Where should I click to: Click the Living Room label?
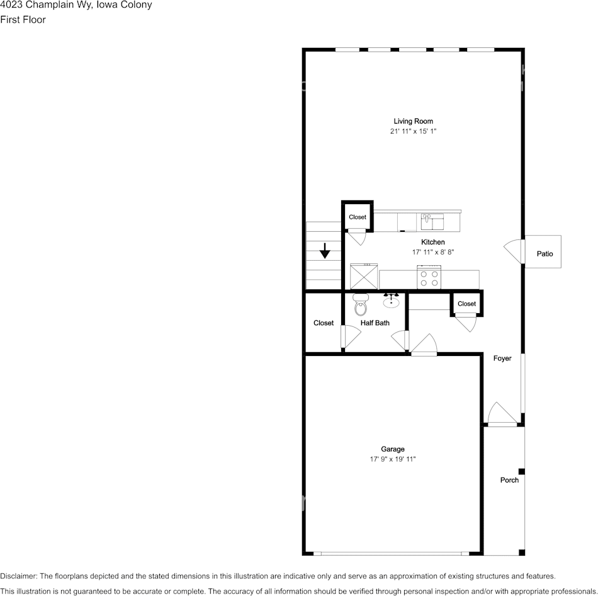click(413, 121)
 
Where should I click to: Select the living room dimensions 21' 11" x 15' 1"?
click(413, 132)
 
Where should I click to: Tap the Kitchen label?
click(432, 242)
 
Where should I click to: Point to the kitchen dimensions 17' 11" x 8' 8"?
click(432, 252)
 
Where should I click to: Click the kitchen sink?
click(432, 221)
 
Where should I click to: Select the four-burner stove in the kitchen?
click(429, 278)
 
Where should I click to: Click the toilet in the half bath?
click(361, 304)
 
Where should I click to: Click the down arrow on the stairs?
click(325, 251)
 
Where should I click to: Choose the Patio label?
click(544, 254)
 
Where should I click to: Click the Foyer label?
click(502, 358)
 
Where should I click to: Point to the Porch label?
click(509, 480)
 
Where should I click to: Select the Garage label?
click(393, 449)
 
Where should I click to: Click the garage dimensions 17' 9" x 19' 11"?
click(393, 459)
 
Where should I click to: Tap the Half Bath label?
click(375, 323)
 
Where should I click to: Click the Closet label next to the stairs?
click(358, 217)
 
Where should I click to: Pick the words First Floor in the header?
click(23, 20)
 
